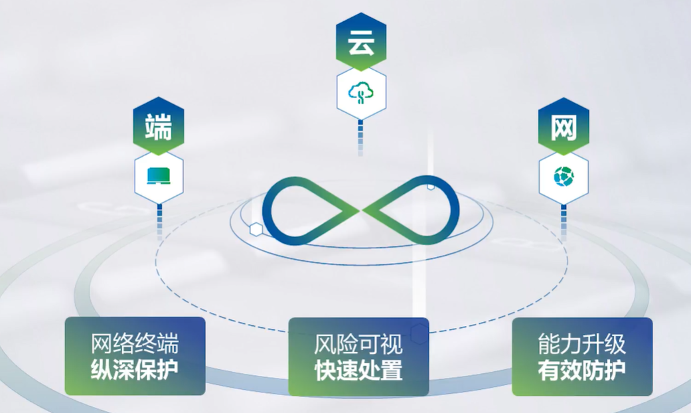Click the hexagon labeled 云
pos(360,44)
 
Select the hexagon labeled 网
pos(564,128)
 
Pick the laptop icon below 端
pos(159,176)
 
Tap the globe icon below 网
pos(564,177)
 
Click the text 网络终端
pos(135,344)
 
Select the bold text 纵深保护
pos(135,369)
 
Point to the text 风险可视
pos(358,344)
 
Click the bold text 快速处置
pos(358,370)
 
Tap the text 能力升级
pos(582,344)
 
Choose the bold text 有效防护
pos(582,369)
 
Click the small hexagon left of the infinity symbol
pos(256,230)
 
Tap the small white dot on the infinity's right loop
pos(431,187)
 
